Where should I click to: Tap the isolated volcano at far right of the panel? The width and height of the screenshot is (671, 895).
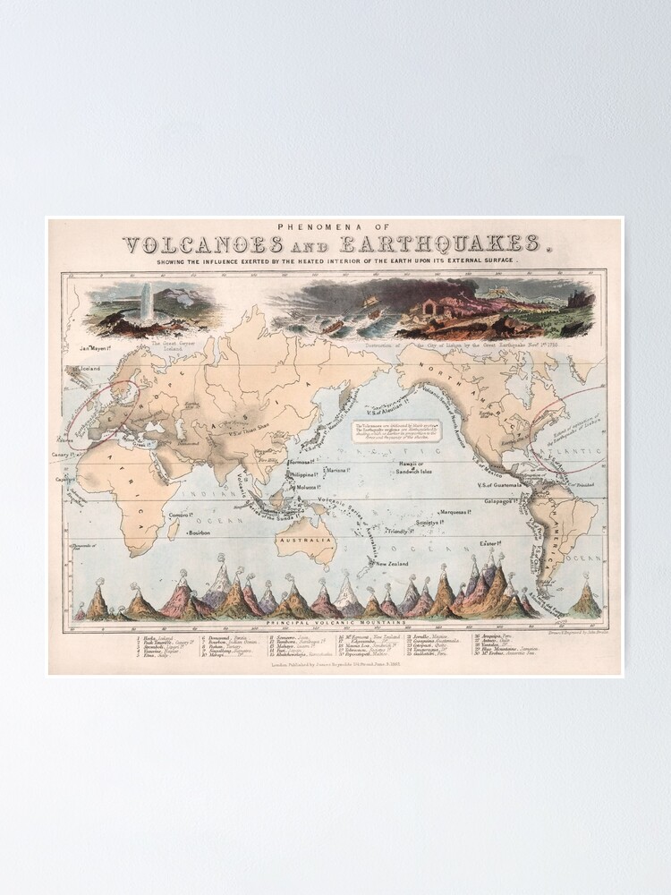(x=586, y=598)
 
